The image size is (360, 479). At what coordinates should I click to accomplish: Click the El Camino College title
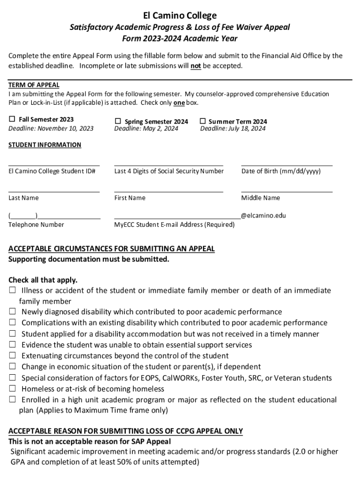180,15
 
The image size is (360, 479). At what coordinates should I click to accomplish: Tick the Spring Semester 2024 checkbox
118,122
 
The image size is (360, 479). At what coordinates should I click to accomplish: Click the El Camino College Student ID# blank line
54,165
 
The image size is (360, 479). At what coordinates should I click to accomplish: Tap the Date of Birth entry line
287,165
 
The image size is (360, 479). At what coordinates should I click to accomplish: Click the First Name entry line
168,191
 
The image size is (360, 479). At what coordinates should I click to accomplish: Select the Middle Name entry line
287,191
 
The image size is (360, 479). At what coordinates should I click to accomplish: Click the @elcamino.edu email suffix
263,216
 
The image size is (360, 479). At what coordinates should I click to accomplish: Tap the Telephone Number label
36,225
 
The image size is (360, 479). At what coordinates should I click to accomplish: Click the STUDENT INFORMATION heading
45,145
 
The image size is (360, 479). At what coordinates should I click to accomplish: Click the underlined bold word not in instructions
195,66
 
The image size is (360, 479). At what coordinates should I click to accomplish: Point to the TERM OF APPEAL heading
34,85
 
